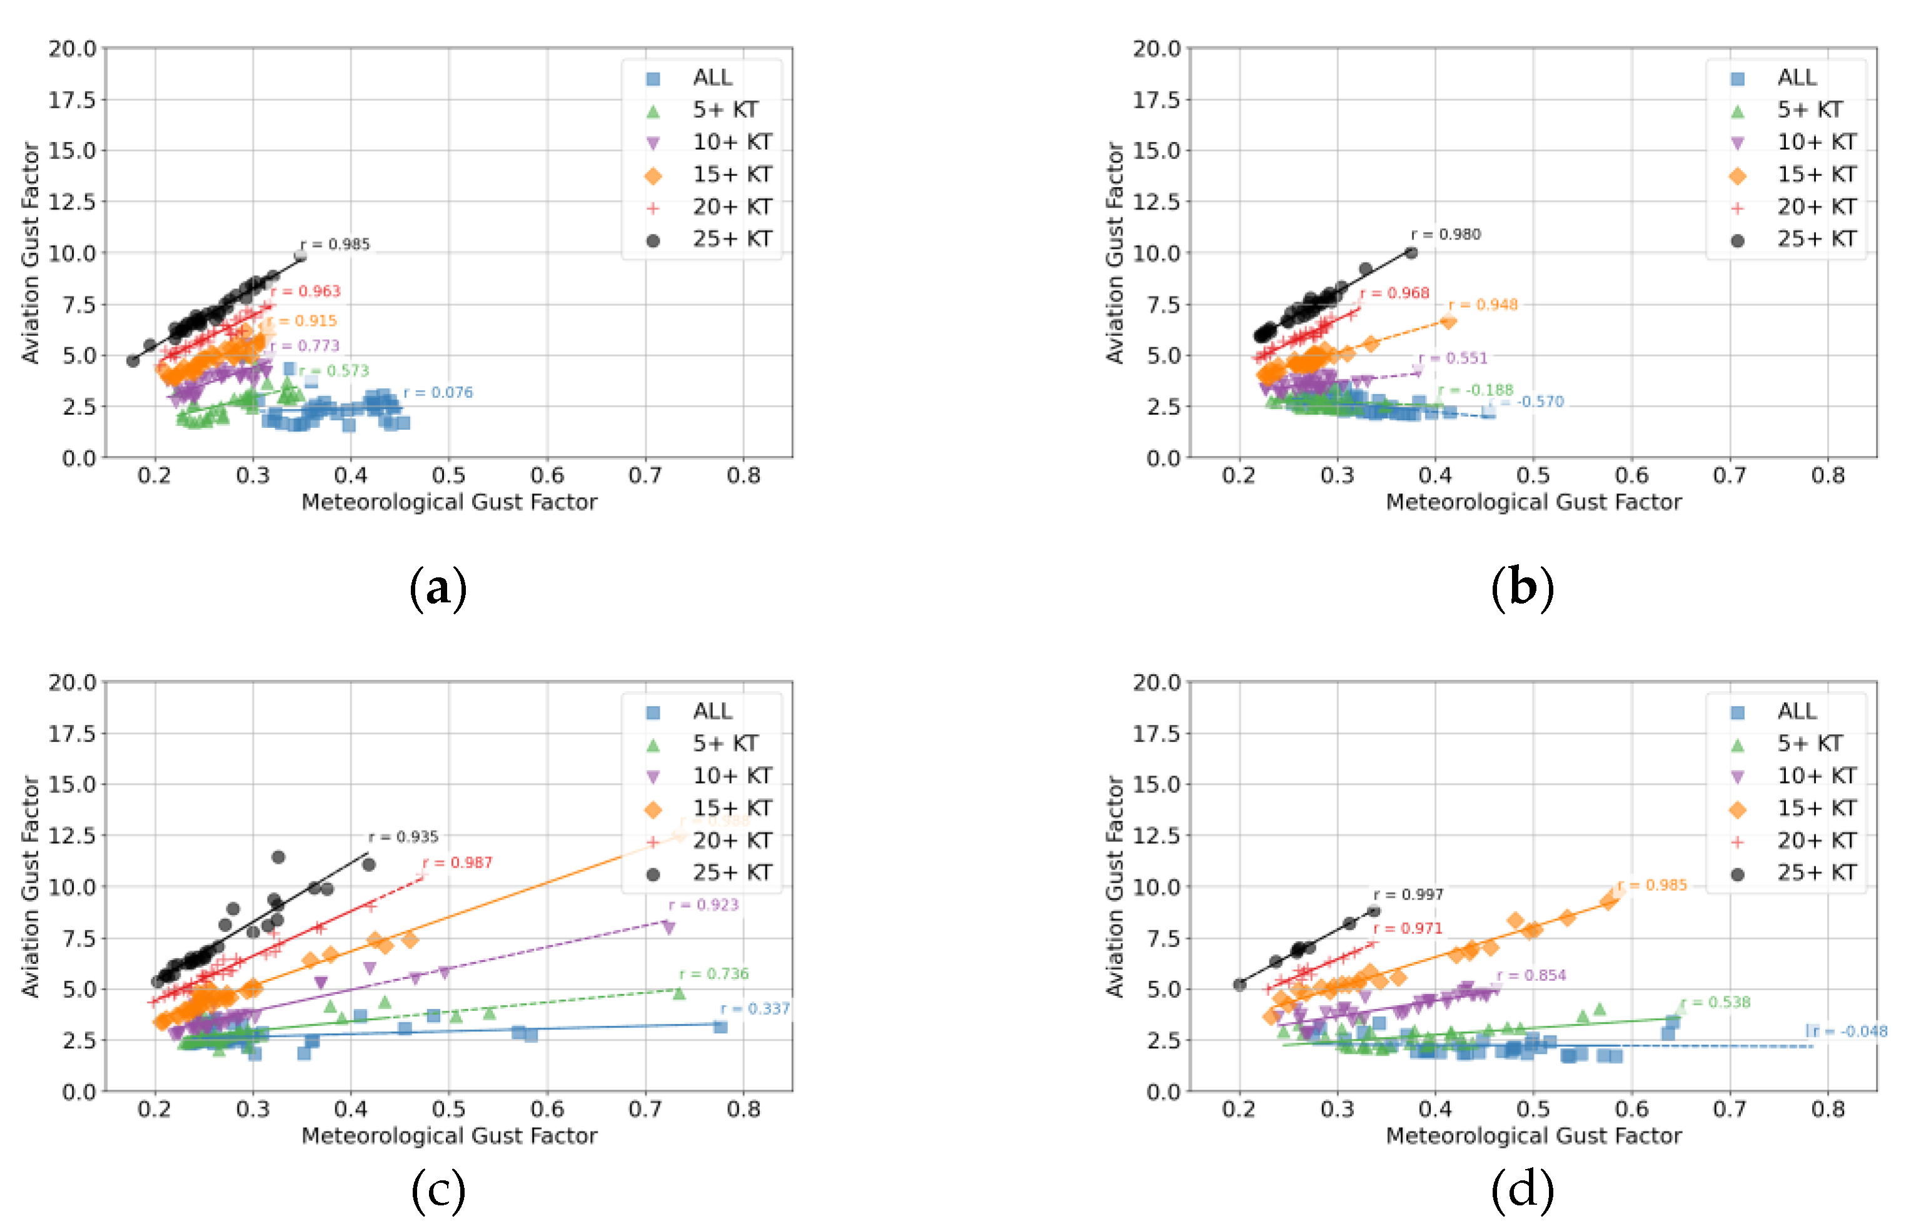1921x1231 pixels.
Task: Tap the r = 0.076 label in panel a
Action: coord(438,392)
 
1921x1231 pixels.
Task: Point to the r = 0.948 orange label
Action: coord(1483,305)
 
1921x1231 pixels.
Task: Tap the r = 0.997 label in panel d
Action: coord(1409,894)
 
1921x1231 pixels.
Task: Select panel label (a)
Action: coord(438,589)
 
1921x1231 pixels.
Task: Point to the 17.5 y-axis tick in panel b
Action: coord(1156,100)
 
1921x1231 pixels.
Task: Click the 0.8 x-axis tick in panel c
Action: coord(743,1110)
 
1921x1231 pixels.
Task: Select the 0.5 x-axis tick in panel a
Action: coord(448,475)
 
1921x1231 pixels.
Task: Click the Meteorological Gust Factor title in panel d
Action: coord(1533,1135)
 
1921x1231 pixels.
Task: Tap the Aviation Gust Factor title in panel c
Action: coord(31,886)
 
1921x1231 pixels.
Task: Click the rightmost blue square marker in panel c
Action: coord(720,1026)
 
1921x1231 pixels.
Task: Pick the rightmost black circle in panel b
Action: coord(1411,253)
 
